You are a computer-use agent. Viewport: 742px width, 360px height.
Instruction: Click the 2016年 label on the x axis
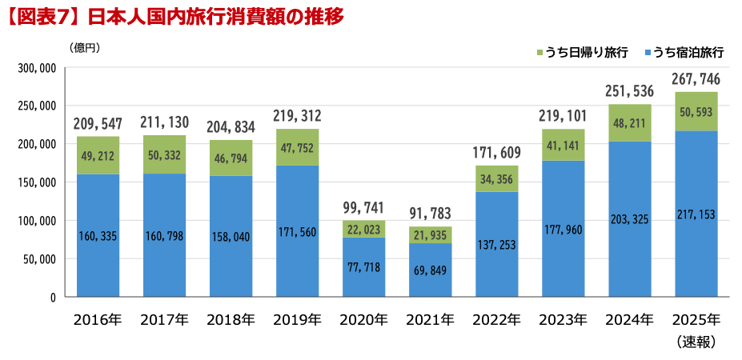(x=98, y=321)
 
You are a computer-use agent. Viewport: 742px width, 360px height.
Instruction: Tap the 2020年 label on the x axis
(x=363, y=321)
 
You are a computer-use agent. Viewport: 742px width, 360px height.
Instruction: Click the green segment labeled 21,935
(x=430, y=234)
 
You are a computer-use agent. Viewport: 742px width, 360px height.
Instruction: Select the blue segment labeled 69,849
(x=430, y=270)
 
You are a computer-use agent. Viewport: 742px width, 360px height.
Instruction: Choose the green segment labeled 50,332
(x=164, y=154)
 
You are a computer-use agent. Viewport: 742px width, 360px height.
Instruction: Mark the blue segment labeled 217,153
(x=696, y=214)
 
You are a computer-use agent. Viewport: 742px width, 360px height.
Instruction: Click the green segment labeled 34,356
(x=496, y=178)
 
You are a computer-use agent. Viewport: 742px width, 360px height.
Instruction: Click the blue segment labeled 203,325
(x=629, y=219)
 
